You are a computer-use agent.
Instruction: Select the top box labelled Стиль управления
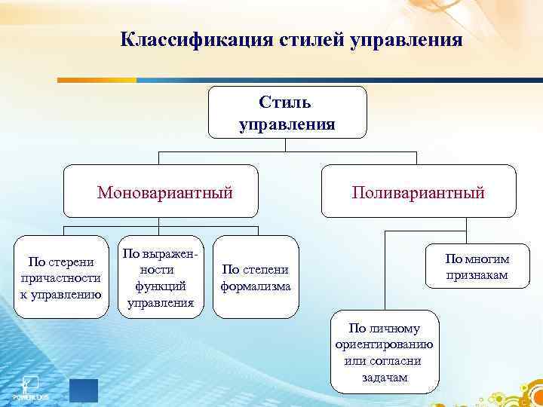point(287,112)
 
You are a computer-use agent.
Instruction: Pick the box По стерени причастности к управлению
point(61,277)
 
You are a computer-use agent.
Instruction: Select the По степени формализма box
point(255,277)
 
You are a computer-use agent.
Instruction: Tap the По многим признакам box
point(476,267)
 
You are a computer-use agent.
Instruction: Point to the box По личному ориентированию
point(384,351)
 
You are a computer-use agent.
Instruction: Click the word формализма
point(256,286)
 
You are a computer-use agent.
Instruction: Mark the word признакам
point(476,275)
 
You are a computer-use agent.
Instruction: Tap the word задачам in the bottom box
point(384,377)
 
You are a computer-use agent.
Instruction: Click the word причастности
point(61,278)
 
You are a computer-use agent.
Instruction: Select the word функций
point(161,286)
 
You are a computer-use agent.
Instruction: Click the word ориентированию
point(384,344)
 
